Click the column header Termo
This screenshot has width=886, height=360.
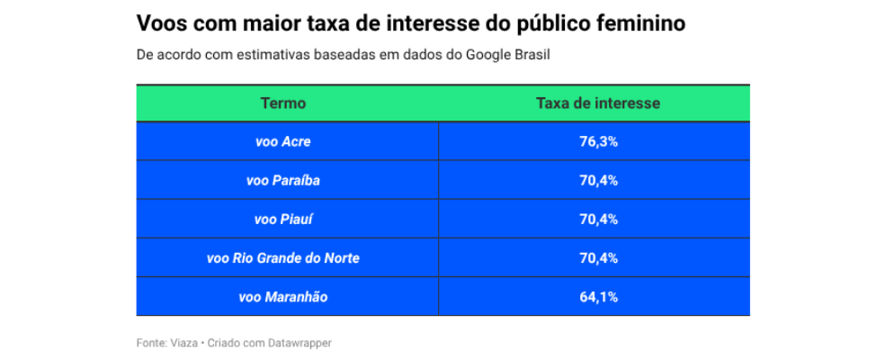tap(283, 103)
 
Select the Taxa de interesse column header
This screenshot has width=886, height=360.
tap(598, 103)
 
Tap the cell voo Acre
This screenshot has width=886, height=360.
tap(283, 142)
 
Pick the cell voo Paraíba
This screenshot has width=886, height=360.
tap(283, 181)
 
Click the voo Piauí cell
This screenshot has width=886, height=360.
tap(283, 220)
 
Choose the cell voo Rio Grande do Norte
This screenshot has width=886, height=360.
tap(283, 258)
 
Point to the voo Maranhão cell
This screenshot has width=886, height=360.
tap(283, 297)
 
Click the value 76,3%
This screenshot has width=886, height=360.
tap(598, 142)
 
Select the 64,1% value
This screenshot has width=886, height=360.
tap(598, 297)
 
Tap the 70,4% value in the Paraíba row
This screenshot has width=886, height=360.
tap(598, 181)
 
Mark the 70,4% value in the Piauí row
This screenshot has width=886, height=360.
tap(598, 220)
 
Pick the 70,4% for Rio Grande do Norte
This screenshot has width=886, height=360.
tap(598, 258)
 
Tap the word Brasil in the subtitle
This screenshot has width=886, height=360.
tap(532, 54)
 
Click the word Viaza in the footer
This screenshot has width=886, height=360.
tap(183, 343)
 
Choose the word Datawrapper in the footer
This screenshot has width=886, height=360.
tap(300, 343)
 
